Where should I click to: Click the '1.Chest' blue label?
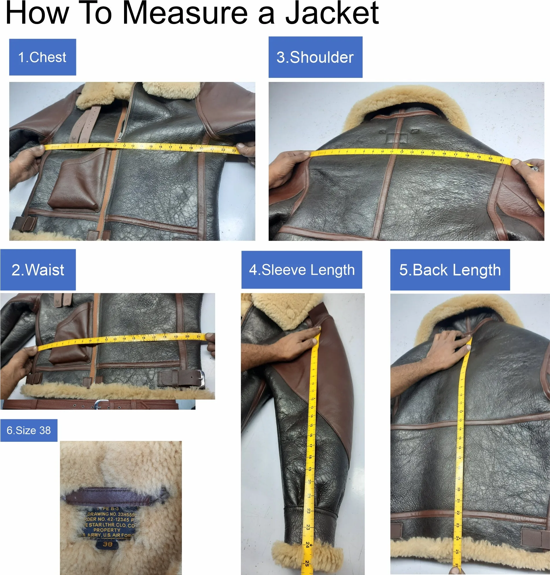[43, 57]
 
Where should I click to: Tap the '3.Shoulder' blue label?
[315, 57]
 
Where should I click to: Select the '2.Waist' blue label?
[38, 270]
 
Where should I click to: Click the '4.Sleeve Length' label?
[302, 270]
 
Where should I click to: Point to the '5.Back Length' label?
[450, 270]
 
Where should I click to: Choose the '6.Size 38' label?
[29, 430]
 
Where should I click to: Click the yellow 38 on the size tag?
[108, 545]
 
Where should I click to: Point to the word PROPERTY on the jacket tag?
[107, 530]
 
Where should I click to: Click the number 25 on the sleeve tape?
[307, 563]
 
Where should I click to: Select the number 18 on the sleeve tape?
[310, 457]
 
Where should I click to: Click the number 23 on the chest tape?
[234, 151]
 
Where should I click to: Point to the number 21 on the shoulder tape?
[502, 160]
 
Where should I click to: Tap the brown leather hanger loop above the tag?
[116, 495]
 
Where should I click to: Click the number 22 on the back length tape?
[458, 512]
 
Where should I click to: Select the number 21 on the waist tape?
[198, 336]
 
